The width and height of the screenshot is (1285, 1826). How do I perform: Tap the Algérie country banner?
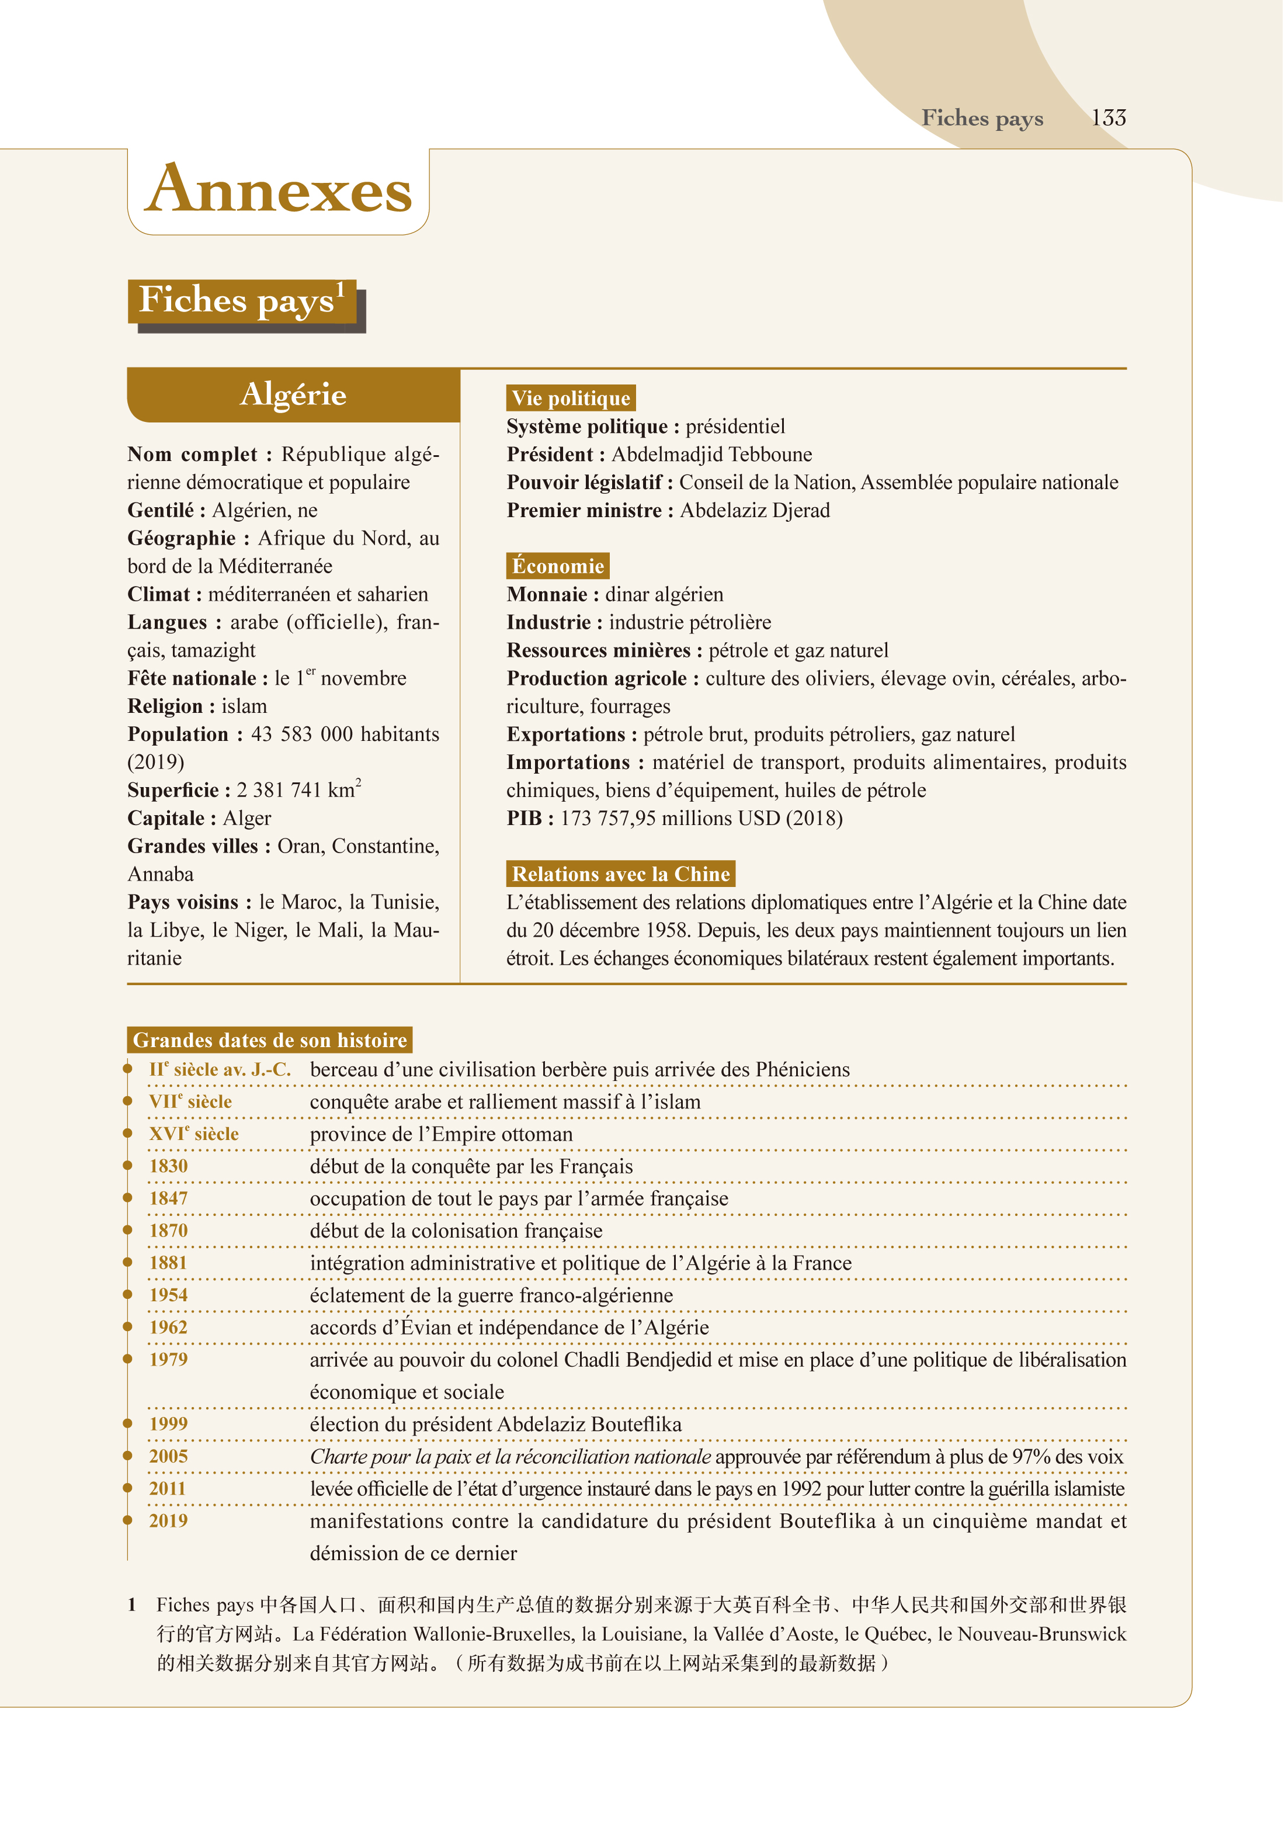point(293,394)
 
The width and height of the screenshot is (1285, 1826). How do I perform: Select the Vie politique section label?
point(570,398)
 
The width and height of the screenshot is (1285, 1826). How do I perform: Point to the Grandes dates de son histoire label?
point(270,1040)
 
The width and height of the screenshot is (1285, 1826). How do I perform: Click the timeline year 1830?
point(169,1166)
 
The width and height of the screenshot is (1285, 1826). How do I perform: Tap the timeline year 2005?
point(169,1456)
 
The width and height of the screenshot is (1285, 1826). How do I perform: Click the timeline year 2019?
point(169,1520)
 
